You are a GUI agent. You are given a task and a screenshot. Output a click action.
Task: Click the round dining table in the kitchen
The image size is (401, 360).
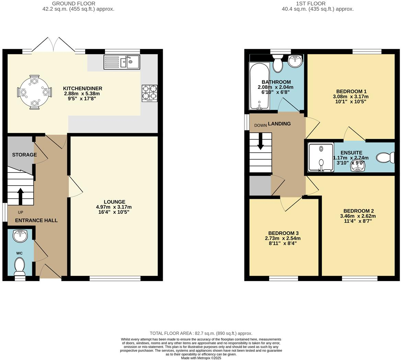coord(34,92)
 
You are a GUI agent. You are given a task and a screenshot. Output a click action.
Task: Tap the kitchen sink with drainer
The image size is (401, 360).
coord(122,62)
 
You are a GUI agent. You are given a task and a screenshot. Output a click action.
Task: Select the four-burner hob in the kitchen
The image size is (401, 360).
coord(149,93)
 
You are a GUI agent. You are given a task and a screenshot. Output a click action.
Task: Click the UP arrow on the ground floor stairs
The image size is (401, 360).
coord(20,196)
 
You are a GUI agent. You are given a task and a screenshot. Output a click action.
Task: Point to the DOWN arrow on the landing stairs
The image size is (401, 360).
coord(260,141)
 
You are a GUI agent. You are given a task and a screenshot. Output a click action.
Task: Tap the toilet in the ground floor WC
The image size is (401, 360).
coord(20,266)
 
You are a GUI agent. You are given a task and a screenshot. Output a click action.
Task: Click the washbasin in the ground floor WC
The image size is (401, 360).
coord(20,236)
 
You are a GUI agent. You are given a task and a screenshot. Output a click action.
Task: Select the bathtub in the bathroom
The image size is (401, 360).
coord(259,86)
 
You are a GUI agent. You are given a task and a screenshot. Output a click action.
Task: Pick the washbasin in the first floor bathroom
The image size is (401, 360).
coord(295,61)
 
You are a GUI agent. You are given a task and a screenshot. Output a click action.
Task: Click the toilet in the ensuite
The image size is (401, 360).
coord(385,158)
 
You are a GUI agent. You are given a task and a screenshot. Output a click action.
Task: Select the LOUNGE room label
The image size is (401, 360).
coord(115,202)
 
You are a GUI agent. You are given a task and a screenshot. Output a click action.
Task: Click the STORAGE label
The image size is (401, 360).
coord(24,155)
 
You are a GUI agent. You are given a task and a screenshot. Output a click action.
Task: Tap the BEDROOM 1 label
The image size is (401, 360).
coord(351,91)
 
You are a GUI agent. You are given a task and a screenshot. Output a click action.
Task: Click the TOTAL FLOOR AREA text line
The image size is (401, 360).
coord(201,333)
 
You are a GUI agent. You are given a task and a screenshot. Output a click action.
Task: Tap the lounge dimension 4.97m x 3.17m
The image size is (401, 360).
coord(114,207)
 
